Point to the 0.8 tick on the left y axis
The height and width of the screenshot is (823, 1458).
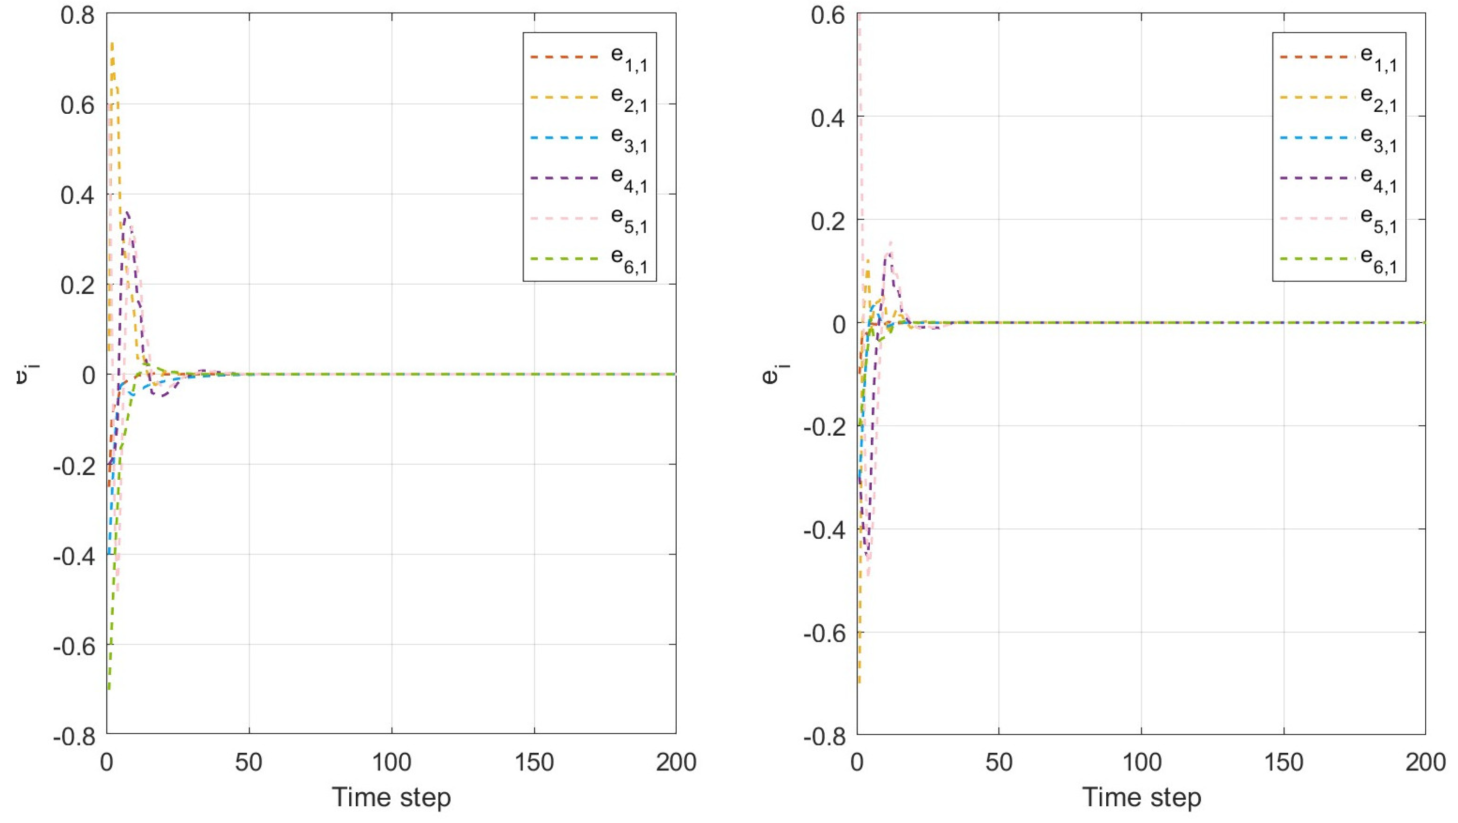click(x=78, y=15)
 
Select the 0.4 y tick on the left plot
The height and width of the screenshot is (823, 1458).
click(x=78, y=195)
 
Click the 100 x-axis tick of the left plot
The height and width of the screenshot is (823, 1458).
click(x=391, y=762)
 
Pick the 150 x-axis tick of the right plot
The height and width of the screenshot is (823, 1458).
click(x=1283, y=762)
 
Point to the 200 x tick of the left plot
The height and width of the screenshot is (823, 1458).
click(x=676, y=762)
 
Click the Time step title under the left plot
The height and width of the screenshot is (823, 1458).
click(x=391, y=798)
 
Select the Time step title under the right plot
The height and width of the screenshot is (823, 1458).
click(x=1141, y=798)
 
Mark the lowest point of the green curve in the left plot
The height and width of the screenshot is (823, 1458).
click(x=109, y=689)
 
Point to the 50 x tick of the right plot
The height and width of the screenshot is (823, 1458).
click(x=999, y=762)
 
